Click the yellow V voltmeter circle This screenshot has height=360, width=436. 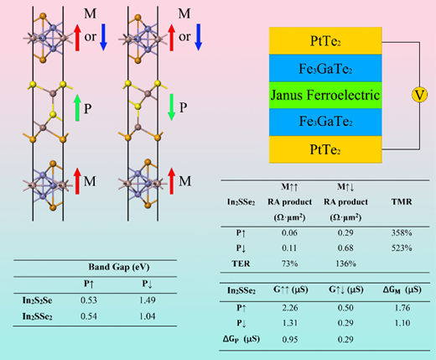tap(419, 95)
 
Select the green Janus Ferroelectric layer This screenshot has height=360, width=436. tap(325, 95)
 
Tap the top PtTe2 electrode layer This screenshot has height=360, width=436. tap(325, 41)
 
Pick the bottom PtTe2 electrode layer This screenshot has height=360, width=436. tap(325, 149)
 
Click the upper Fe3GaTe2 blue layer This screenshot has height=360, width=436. tap(325, 68)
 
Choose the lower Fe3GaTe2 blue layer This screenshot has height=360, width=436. tap(325, 122)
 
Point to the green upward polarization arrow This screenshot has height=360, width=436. tap(77, 107)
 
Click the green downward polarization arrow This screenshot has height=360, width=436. tap(171, 107)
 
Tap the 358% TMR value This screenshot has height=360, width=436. tap(402, 232)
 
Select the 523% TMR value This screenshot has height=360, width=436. tap(402, 248)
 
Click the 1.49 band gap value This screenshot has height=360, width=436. tap(148, 300)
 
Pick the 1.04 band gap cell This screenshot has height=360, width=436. tap(148, 316)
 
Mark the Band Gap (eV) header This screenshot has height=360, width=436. tap(119, 267)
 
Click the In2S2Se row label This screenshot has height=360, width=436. tap(37, 300)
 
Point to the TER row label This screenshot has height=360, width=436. tap(241, 263)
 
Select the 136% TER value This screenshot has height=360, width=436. tap(345, 263)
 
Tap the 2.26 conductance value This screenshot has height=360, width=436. tap(290, 308)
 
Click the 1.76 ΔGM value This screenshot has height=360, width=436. tap(402, 308)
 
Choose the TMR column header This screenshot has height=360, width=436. tap(402, 201)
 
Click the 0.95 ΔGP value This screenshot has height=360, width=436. tap(290, 339)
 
